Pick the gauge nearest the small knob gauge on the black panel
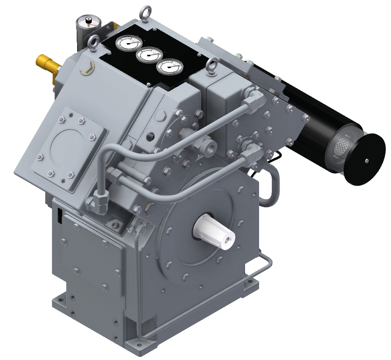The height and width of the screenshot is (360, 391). (126, 44)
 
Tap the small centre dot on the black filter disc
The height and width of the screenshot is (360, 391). (366, 160)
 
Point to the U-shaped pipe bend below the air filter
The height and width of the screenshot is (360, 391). (271, 188)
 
